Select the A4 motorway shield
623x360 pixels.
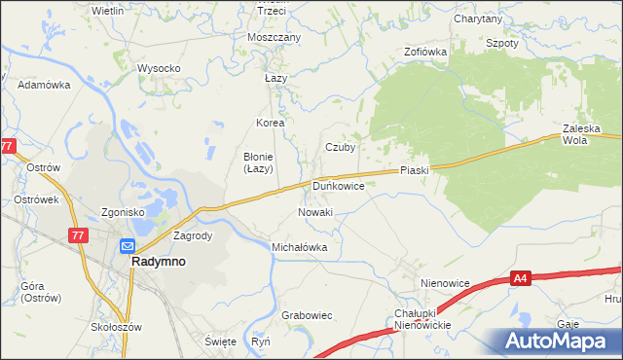(x=521, y=279)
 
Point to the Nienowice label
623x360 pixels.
(x=445, y=283)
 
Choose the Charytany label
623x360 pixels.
(x=478, y=18)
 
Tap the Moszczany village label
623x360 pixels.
(x=275, y=37)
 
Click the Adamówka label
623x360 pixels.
(x=45, y=85)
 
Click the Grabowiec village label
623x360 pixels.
(x=307, y=315)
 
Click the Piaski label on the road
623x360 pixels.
(x=414, y=170)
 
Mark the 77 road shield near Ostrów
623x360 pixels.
(x=9, y=146)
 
